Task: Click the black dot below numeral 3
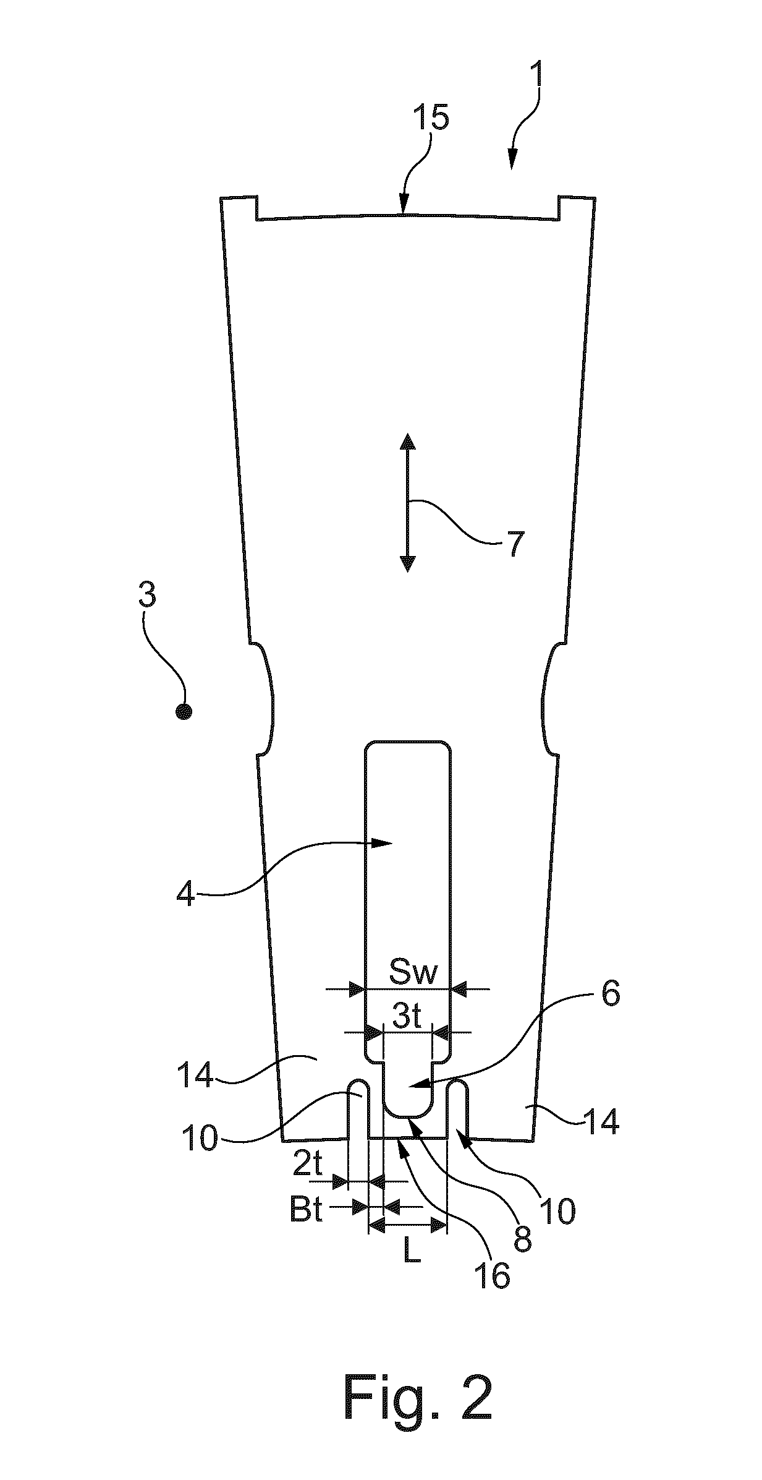184,712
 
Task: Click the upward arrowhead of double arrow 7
407,441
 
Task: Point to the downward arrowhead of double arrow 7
407,564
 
